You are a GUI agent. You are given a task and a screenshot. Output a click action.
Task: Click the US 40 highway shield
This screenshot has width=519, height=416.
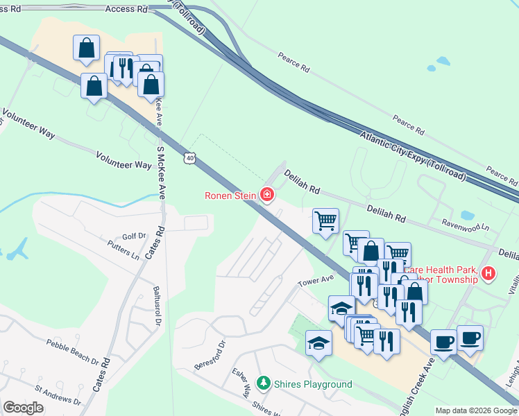190,159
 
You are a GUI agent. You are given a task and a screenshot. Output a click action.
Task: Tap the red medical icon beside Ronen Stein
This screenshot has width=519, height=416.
266,195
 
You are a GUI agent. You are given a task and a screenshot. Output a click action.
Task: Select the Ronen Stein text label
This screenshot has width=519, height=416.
230,196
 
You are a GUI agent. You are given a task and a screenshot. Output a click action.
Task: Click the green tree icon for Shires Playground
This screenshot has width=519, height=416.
263,383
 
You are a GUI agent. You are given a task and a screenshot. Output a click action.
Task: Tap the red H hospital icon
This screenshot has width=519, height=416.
488,274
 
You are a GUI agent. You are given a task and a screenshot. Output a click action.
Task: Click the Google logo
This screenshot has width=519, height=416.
23,407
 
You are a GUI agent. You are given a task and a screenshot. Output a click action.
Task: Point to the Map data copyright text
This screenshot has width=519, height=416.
475,410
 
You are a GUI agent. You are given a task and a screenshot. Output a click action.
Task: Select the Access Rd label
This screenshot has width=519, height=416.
127,9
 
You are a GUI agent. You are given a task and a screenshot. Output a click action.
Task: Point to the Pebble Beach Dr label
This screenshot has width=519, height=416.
73,351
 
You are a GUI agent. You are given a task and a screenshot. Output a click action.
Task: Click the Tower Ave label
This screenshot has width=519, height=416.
316,282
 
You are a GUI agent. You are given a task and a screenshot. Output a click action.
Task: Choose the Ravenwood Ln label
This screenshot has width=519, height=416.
466,225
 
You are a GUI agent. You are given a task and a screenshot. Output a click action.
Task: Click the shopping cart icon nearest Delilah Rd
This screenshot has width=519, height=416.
325,221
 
